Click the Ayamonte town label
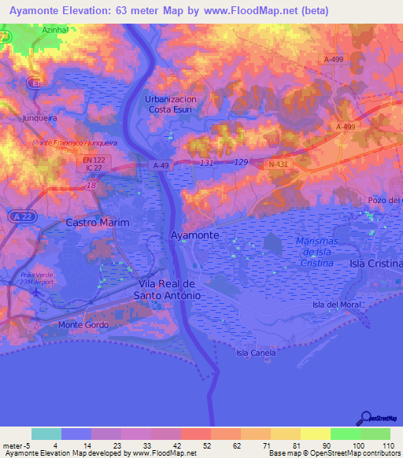pos(194,235)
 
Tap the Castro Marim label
pos(97,223)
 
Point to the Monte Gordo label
pos(81,324)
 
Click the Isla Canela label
pos(256,353)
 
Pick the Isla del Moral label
pos(336,305)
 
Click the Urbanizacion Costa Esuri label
pos(170,105)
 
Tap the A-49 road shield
pos(161,165)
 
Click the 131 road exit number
pos(207,163)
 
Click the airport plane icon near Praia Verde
pos(34,290)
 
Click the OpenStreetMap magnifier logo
pos(367,417)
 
